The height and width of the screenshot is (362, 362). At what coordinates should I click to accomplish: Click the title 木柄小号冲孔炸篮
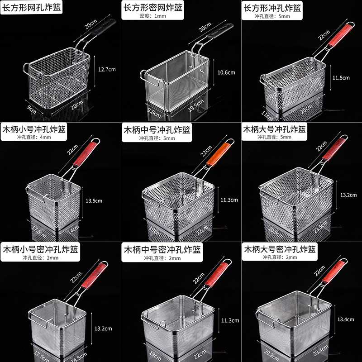(34, 129)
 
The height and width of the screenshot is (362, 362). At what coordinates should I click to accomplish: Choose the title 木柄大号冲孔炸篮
(275, 129)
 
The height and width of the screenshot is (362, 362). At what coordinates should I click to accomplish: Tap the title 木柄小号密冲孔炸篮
(40, 249)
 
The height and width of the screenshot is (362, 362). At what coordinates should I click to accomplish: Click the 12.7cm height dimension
(107, 69)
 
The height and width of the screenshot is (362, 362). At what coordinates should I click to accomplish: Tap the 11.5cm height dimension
(340, 77)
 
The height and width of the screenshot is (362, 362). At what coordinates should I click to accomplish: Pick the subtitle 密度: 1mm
(152, 17)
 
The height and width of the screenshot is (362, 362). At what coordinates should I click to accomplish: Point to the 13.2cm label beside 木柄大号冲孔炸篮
(348, 195)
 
